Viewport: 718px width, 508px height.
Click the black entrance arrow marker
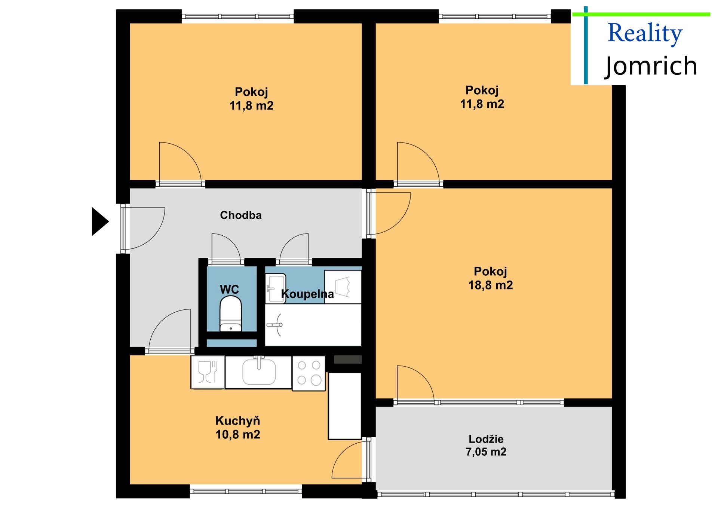[x=100, y=221]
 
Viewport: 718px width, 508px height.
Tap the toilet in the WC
[x=230, y=313]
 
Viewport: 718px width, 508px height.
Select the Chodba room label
[x=241, y=215]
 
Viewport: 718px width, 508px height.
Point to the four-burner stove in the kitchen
[x=309, y=373]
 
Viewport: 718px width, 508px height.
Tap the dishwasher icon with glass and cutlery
[x=208, y=372]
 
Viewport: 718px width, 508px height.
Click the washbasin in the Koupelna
[x=276, y=288]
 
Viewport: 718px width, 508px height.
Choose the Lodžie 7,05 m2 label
[x=486, y=445]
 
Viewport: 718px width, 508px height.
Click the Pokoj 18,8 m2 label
[x=491, y=278]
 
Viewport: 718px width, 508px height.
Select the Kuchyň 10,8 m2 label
[x=238, y=428]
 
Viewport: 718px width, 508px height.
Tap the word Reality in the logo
[x=645, y=33]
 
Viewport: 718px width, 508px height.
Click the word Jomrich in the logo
[x=651, y=66]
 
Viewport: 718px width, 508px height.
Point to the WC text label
[x=229, y=289]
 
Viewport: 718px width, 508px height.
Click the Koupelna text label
[x=307, y=294]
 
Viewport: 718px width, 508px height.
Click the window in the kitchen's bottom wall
[x=246, y=491]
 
